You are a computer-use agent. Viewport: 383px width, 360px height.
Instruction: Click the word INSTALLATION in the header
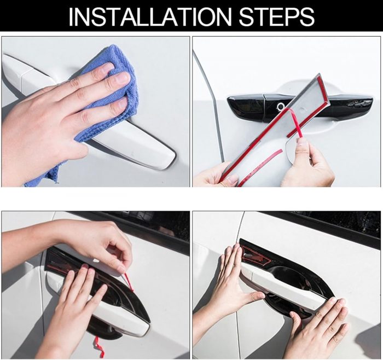(x=150, y=16)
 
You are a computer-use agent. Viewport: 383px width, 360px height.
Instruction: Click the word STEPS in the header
(x=277, y=16)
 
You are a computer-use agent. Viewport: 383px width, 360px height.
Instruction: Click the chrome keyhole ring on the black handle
(x=280, y=106)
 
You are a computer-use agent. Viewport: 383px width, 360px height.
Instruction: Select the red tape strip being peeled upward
(x=295, y=125)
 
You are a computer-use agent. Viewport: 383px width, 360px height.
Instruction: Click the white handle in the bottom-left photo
(x=98, y=305)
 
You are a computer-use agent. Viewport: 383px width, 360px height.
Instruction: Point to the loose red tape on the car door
(x=261, y=166)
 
